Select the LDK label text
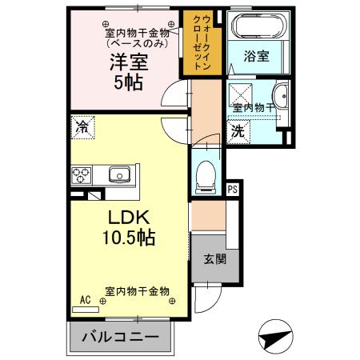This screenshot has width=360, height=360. [120, 216]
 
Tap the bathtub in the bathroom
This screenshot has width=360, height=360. [256, 27]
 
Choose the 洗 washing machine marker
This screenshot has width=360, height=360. [238, 131]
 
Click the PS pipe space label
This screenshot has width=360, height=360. [232, 190]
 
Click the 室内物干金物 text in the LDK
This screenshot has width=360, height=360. [138, 292]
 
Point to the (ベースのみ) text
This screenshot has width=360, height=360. [138, 44]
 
